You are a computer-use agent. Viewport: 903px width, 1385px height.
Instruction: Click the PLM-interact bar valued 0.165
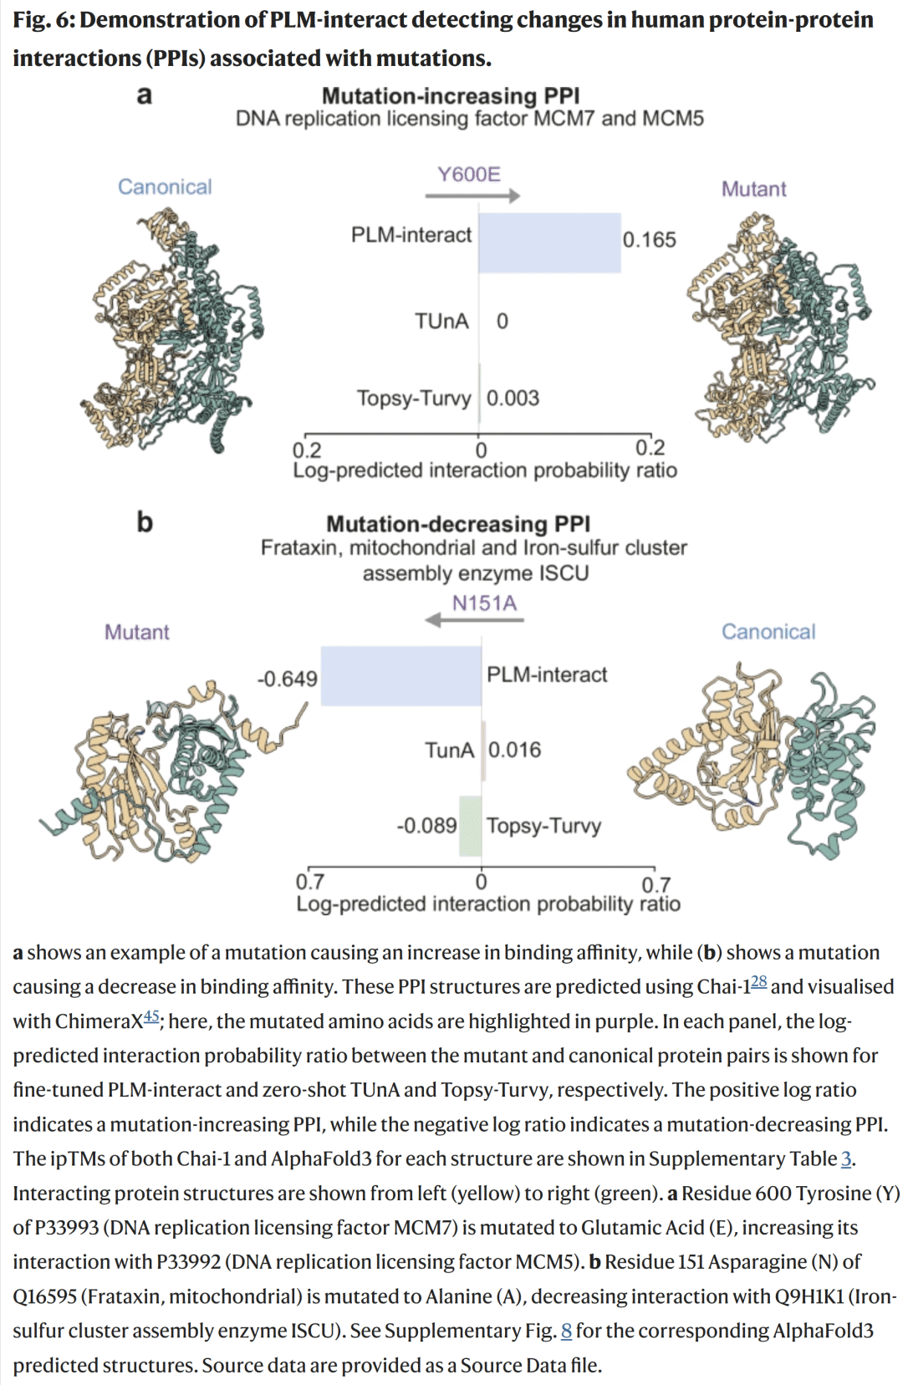pos(549,242)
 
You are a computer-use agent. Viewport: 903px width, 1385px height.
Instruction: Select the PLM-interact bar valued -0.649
pos(401,675)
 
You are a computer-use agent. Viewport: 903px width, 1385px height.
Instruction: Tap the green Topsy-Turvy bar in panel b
pos(471,826)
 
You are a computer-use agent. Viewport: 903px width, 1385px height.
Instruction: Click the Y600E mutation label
pos(469,174)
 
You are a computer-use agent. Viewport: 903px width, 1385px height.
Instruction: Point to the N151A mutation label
pos(484,603)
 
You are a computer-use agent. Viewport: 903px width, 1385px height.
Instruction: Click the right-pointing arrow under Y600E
pos(472,196)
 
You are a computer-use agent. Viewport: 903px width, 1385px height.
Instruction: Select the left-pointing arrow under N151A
pos(474,620)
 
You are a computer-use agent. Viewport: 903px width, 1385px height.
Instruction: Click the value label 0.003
pos(513,398)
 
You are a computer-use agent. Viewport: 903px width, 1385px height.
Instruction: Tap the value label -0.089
pos(426,826)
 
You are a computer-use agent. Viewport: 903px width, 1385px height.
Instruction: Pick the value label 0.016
pos(514,750)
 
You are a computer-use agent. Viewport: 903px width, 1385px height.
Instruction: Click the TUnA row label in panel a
pos(441,321)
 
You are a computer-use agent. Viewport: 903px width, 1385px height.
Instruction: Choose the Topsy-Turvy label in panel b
pos(543,826)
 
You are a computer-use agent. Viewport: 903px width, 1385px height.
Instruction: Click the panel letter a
pos(145,94)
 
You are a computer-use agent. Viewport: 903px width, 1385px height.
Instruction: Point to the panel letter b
pos(145,522)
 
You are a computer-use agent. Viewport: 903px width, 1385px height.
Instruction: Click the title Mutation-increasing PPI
pos(451,95)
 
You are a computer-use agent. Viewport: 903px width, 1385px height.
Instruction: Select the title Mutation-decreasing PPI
pos(458,524)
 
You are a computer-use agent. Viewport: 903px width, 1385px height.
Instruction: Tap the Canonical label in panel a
pos(165,186)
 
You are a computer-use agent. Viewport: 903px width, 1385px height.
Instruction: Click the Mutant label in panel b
pos(137,632)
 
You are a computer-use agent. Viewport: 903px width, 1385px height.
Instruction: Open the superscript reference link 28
pos(758,982)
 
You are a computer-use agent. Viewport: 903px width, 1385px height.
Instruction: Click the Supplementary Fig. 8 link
pos(566,1331)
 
